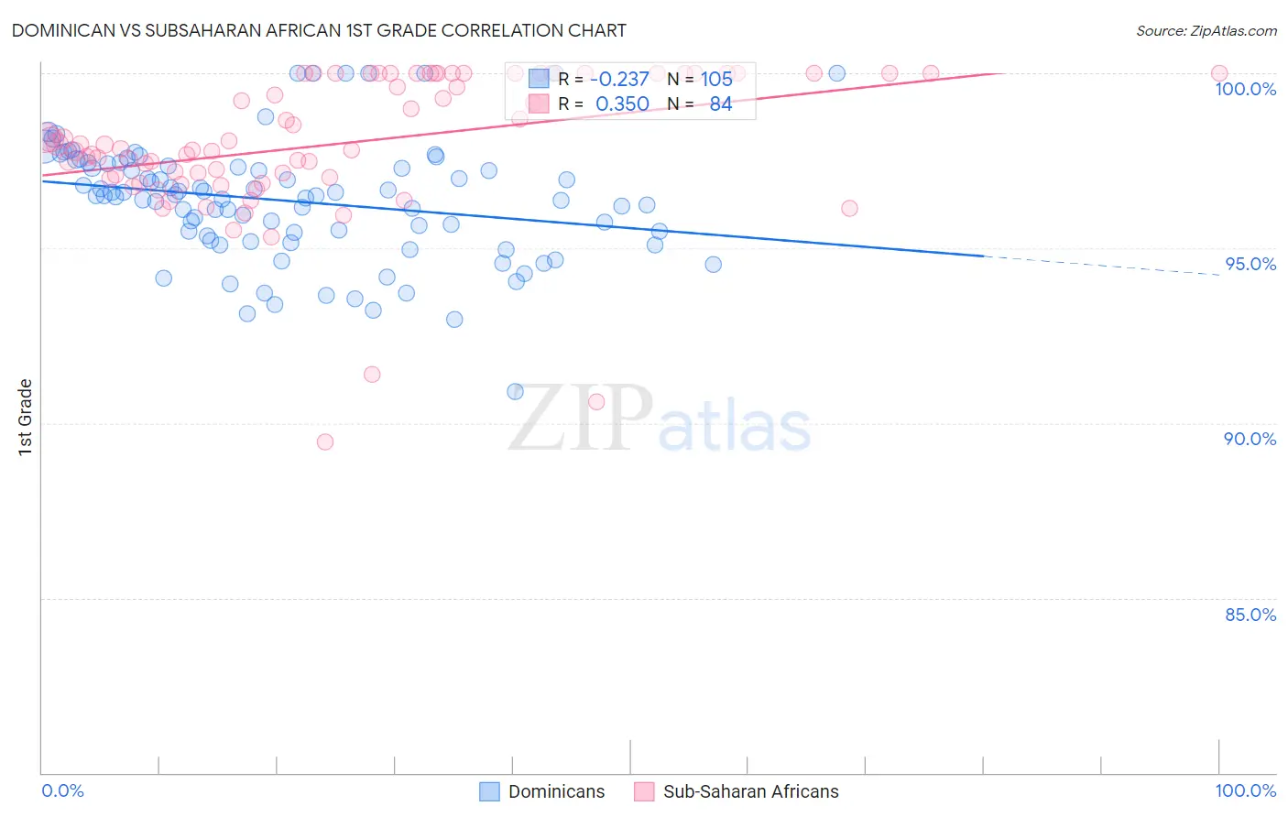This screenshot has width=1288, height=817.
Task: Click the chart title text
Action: pos(319,30)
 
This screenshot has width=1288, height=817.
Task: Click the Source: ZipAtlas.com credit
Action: pos(1206,30)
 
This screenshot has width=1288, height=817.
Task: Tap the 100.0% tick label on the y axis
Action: pos(1245,89)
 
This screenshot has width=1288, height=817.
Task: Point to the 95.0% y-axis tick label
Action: pos(1250,264)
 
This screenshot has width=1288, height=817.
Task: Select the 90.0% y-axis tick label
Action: pos(1250,439)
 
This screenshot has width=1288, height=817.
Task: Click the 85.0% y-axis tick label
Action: pos(1250,615)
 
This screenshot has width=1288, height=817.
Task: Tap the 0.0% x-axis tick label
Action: pos(62,790)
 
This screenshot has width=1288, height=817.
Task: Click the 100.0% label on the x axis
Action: pos(1245,790)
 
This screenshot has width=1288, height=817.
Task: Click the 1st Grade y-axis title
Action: pos(25,417)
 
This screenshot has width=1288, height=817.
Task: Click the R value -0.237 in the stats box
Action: pos(622,79)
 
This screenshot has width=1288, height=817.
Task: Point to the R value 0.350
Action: pos(622,104)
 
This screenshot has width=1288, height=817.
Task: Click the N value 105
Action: pos(716,79)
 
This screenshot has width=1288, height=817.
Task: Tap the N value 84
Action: pos(720,104)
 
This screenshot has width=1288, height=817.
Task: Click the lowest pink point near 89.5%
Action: pos(324,441)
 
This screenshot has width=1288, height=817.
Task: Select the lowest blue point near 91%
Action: pos(515,391)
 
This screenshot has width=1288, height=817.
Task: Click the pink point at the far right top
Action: pos(1218,73)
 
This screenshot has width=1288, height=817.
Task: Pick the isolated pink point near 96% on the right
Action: pos(849,208)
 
